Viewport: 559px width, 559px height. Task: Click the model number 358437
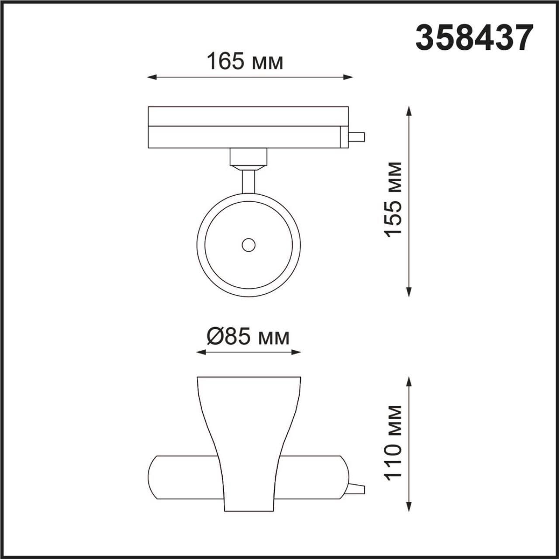pyautogui.click(x=474, y=38)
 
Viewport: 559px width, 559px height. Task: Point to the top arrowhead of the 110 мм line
pyautogui.click(x=409, y=381)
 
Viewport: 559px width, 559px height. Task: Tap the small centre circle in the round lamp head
pyautogui.click(x=248, y=245)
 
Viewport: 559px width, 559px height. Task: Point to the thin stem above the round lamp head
pyautogui.click(x=248, y=181)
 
